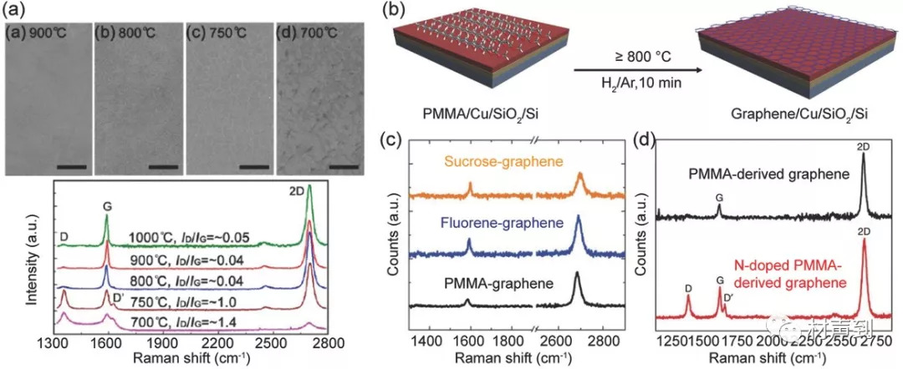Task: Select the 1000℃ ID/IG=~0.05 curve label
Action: coord(189,238)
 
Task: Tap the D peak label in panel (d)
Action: coord(688,288)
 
